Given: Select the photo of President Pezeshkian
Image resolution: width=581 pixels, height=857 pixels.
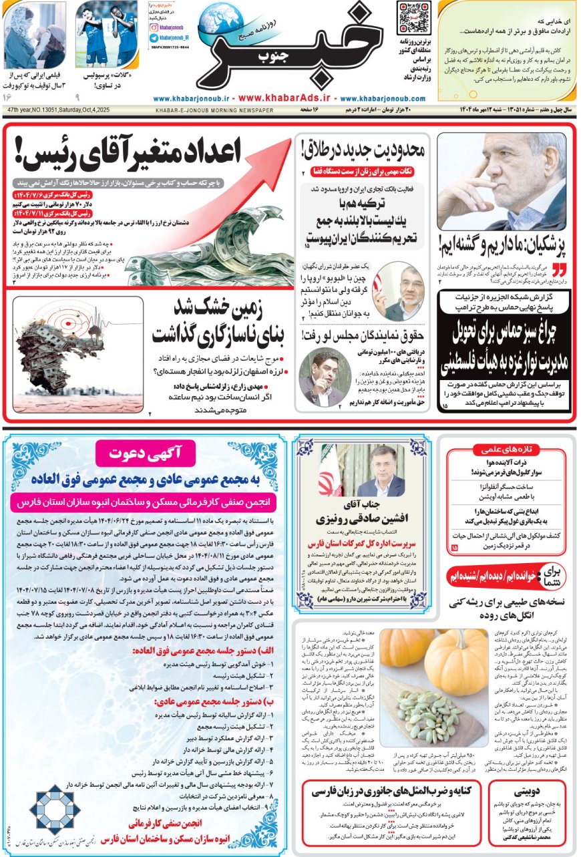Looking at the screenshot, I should pyautogui.click(x=502, y=181).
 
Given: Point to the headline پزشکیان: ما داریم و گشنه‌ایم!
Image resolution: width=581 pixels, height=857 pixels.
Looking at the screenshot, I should pyautogui.click(x=502, y=246).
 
